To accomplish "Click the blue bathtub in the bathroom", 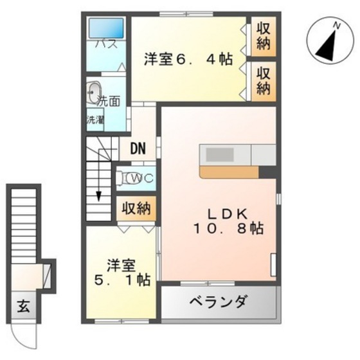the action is point(106,28).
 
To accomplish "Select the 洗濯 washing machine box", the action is point(95,119).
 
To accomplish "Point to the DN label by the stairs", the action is point(138,148).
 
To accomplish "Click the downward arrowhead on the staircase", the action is point(99,196).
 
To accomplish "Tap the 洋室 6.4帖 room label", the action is point(188,59).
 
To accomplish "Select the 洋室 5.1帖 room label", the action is point(122,273).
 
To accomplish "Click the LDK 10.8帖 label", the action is point(228,222).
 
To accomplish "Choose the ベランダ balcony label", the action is point(219,301).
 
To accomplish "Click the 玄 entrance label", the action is point(24,306).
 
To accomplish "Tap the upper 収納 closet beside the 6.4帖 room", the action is point(264,37).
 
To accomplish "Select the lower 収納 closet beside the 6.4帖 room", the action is point(264,81).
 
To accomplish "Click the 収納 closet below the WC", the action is point(136,208).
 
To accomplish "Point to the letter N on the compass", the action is point(337,25).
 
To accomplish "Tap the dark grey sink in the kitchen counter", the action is point(220,154).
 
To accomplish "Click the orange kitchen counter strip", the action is point(230,172).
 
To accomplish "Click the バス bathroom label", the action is point(107,44).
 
